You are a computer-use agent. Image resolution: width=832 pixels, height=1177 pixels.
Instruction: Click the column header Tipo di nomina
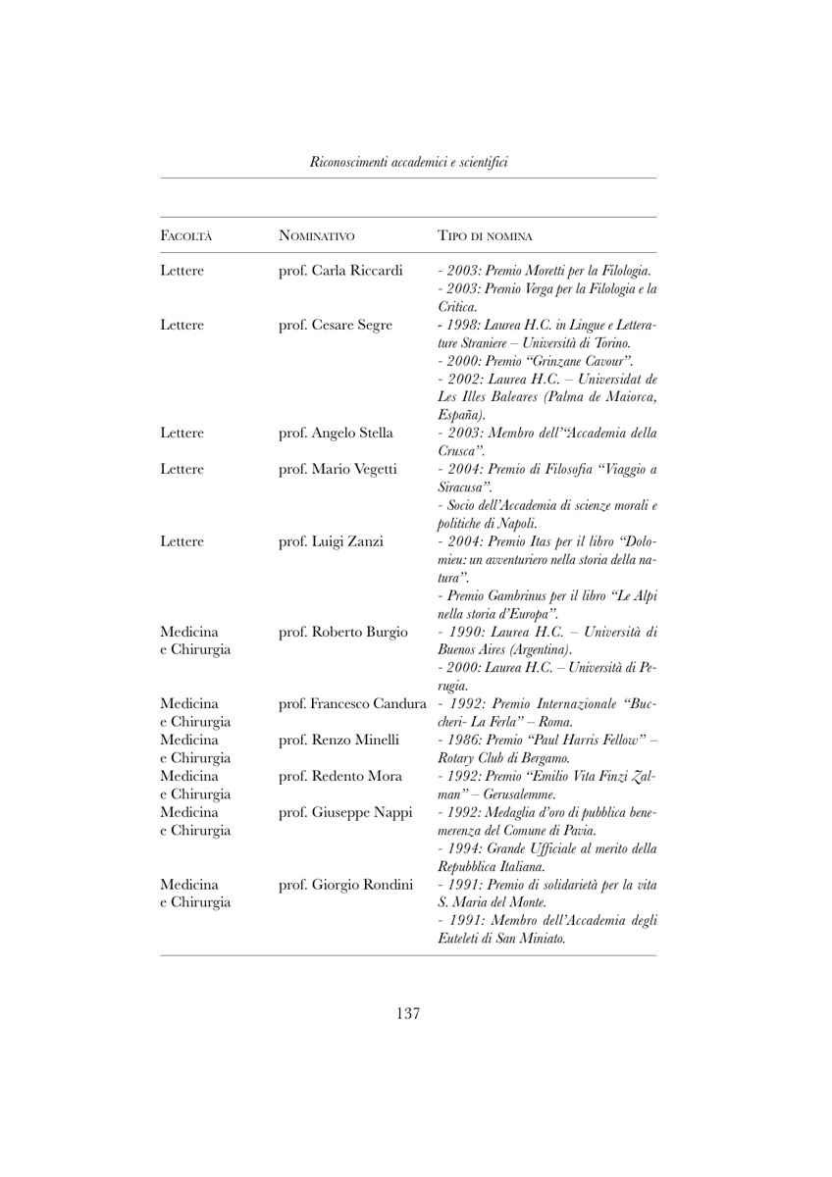pos(493,235)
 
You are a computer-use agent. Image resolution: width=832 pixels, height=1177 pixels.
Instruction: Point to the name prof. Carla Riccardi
pos(341,271)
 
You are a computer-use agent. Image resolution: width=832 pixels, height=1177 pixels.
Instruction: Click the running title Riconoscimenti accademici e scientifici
pos(408,160)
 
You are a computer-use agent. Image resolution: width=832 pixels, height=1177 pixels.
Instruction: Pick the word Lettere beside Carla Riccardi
pos(182,271)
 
